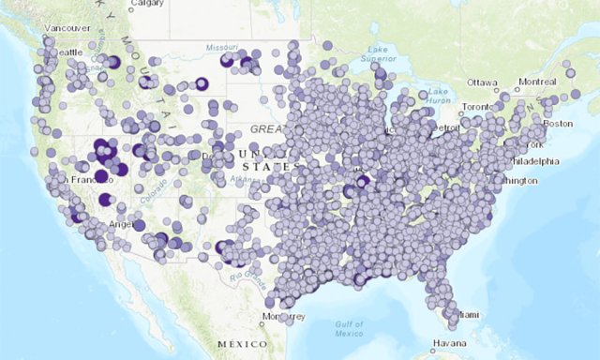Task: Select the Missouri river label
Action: pyautogui.click(x=222, y=45)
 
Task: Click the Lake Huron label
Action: pyautogui.click(x=439, y=96)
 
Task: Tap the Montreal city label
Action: pyautogui.click(x=537, y=82)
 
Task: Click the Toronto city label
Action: pyautogui.click(x=476, y=107)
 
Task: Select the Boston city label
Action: pyautogui.click(x=558, y=124)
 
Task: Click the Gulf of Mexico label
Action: pyautogui.click(x=349, y=327)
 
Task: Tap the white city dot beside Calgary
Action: pyautogui.click(x=131, y=4)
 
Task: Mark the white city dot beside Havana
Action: pyautogui.click(x=433, y=343)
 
